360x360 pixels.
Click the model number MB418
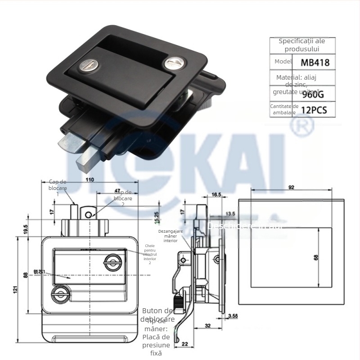[x=315, y=62]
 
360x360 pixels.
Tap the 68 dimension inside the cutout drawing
[x=316, y=258]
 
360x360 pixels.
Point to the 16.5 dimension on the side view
[x=216, y=194]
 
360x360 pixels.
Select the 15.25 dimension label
[x=156, y=218]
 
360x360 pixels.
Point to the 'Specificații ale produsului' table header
[x=301, y=45]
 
